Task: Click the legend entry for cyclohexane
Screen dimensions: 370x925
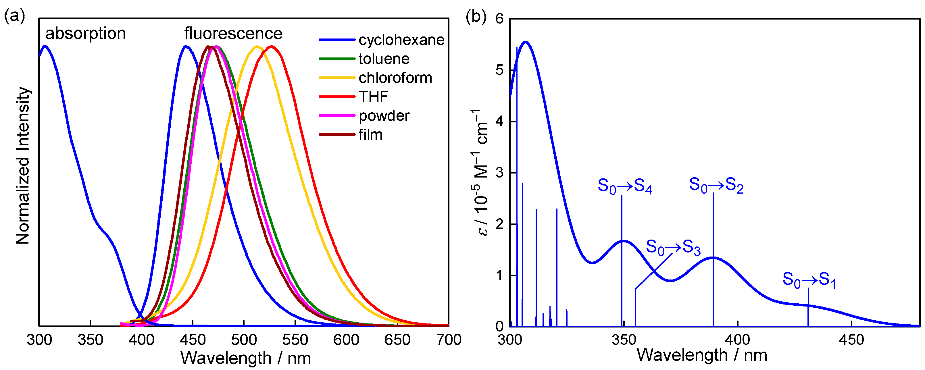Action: point(401,40)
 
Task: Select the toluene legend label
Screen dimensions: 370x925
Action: point(384,59)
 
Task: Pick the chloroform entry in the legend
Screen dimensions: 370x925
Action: point(395,78)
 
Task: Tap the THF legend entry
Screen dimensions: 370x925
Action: point(374,97)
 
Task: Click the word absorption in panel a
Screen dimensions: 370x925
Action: point(85,34)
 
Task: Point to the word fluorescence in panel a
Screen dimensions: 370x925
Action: point(233,34)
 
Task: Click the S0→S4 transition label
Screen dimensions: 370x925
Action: point(624,186)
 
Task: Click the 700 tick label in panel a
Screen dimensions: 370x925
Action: point(449,340)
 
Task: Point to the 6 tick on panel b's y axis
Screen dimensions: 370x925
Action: point(499,19)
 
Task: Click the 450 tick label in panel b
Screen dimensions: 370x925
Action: point(851,340)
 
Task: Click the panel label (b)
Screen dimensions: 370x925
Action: point(476,16)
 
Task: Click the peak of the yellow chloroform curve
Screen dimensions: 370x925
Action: point(257,46)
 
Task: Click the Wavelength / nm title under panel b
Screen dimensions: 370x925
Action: point(702,355)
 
